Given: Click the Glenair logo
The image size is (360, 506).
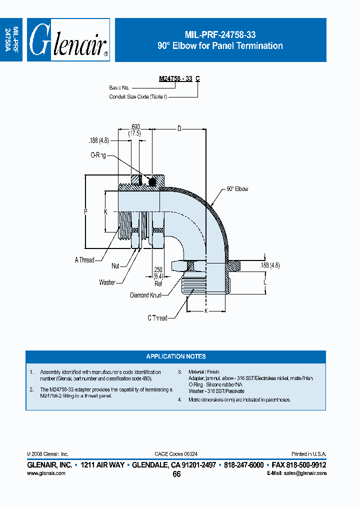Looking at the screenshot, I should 68,40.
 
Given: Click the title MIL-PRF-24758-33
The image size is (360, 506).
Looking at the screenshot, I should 220,35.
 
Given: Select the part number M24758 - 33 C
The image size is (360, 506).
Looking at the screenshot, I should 179,78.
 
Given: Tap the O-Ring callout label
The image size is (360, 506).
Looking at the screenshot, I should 98,156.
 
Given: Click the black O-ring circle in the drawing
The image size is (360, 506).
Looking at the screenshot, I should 152,181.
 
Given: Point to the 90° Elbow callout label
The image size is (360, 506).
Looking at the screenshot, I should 237,189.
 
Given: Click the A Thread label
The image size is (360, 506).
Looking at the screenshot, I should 84,260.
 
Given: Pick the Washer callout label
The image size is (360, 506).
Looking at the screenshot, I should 107,282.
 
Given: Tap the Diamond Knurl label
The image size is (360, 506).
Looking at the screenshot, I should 145,295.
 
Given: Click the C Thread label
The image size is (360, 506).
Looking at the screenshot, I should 157,318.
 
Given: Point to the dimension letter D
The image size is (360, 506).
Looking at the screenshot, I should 179,129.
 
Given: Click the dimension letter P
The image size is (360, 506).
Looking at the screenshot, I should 85,212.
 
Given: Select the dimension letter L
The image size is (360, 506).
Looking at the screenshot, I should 265,283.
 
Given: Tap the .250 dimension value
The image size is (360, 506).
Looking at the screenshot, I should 158,270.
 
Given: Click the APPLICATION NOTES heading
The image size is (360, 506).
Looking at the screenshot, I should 175,356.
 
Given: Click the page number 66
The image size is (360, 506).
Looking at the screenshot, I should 176,474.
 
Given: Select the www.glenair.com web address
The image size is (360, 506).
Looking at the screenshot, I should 45,473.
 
